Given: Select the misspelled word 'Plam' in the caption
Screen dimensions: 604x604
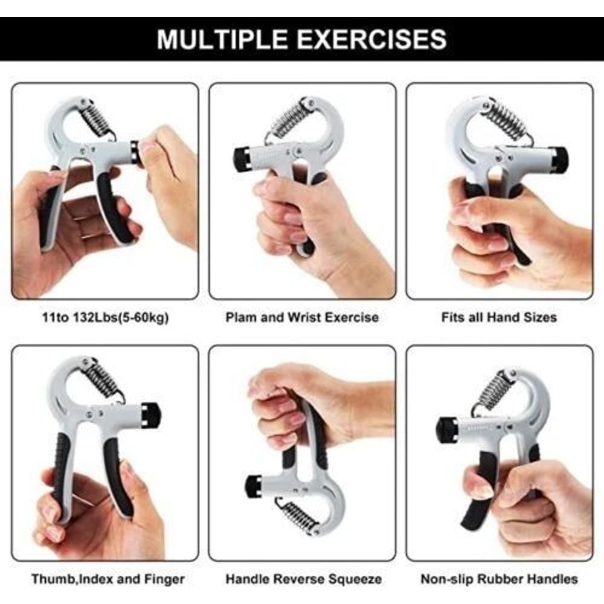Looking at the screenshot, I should click(240, 317).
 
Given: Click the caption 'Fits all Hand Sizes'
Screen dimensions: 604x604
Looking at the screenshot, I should click(499, 317).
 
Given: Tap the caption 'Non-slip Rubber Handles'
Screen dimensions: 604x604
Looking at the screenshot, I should click(499, 579).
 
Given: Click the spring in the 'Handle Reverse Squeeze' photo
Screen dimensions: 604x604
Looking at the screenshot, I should click(300, 516).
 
